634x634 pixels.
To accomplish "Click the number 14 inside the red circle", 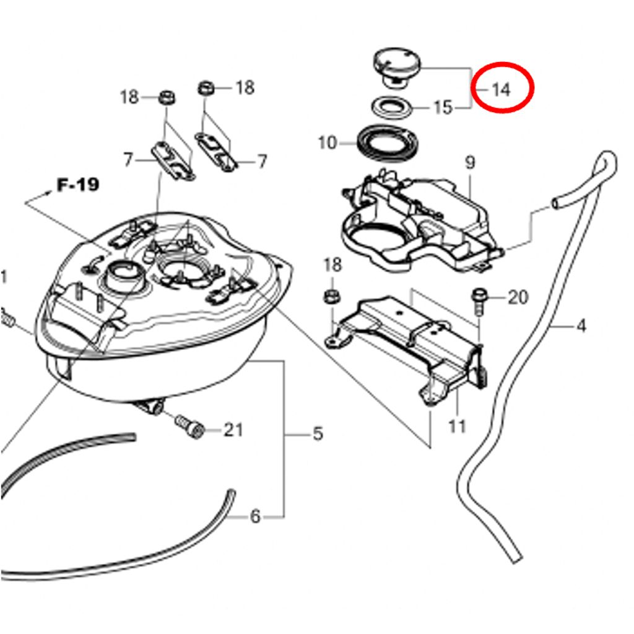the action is (x=501, y=89).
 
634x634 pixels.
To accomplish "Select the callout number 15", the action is (x=443, y=108).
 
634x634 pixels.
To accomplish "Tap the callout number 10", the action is (x=328, y=143).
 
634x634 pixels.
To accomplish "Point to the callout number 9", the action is (x=470, y=163).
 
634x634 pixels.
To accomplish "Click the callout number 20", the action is (x=518, y=298).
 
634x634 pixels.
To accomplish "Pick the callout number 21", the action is (x=233, y=430).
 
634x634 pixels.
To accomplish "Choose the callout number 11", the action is (x=458, y=426).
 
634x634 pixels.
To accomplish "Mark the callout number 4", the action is (x=581, y=326).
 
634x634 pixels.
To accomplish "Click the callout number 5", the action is (x=318, y=434).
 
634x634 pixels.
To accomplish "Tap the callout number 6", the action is (x=255, y=516).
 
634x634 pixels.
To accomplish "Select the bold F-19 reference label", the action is (x=77, y=185).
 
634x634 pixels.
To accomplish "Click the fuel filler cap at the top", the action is (x=396, y=67).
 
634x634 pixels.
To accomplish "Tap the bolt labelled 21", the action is (x=189, y=426).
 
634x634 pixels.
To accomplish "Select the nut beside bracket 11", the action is (x=332, y=297).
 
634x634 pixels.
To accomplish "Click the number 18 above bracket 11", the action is (x=332, y=265).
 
